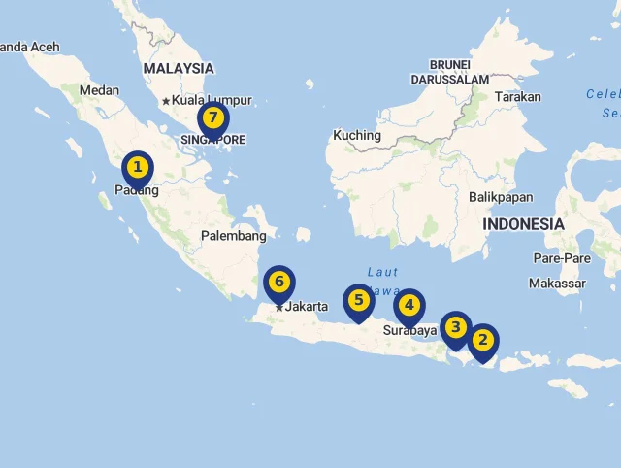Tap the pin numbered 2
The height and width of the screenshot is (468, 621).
coord(482,342)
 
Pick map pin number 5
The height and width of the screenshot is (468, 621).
coord(358,301)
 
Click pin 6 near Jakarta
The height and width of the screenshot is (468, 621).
coord(278,284)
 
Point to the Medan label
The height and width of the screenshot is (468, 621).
coord(99,90)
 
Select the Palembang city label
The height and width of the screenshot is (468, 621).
coord(233,236)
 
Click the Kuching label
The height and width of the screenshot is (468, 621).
coord(356,135)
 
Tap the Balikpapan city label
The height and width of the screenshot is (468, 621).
coord(501,197)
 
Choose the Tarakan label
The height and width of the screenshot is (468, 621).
coord(517,97)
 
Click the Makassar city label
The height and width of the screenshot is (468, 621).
coord(557,284)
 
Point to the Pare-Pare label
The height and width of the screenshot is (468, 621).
coord(562,258)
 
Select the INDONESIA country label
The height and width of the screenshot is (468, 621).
coord(523,224)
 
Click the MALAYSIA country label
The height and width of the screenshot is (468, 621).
coord(178,69)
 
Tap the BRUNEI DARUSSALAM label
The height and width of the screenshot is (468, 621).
coord(449,72)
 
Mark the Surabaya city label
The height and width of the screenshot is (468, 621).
coord(409,330)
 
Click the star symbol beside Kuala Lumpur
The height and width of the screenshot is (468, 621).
coord(166,101)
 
